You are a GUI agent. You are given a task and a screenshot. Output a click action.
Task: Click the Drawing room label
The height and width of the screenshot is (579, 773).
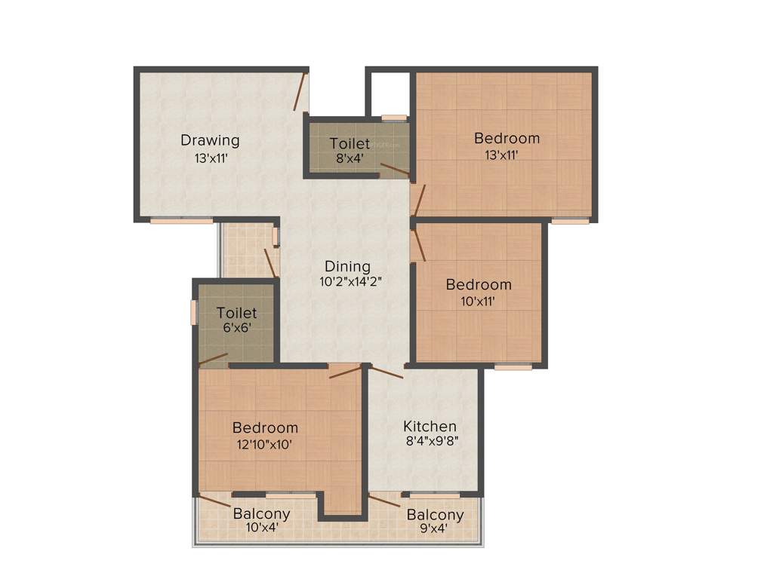210,140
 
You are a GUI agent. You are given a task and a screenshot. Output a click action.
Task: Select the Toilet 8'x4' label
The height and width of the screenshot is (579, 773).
350,143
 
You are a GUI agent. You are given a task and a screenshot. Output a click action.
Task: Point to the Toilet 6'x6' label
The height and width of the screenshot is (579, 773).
236,313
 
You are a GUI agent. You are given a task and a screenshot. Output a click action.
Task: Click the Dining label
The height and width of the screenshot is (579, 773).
347,266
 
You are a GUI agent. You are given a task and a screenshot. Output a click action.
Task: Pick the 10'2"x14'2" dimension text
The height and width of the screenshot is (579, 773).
350,282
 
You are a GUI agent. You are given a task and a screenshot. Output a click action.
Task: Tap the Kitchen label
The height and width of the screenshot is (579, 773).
429,427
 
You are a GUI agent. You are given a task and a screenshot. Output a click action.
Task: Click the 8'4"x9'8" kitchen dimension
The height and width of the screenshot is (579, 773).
430,443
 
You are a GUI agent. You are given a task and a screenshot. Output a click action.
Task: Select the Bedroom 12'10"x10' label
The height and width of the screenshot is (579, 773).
264,428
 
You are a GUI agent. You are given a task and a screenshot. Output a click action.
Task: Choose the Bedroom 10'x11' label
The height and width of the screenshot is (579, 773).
478,285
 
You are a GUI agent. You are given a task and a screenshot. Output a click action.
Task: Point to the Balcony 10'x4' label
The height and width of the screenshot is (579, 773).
261,514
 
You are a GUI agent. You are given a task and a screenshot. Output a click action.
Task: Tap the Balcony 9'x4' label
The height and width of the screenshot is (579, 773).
435,515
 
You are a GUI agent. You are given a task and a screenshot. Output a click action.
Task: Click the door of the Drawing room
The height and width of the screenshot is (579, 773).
301,93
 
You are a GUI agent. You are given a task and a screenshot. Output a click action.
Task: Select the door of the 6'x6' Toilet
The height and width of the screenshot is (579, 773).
213,359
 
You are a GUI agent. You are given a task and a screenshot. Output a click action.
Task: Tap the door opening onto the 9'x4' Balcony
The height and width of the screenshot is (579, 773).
383,500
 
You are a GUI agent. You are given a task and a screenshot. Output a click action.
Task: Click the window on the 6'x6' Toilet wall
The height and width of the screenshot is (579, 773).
194,312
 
